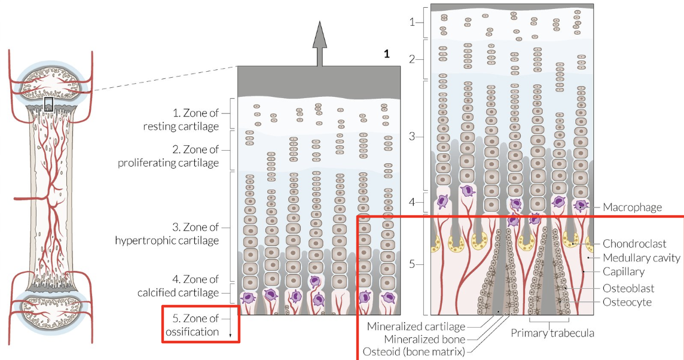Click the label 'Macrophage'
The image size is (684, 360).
[x=632, y=208]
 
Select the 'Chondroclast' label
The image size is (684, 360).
[x=634, y=244]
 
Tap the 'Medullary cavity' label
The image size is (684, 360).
[x=642, y=258]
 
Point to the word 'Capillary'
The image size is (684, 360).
[x=624, y=272]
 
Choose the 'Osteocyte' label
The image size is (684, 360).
[x=627, y=303]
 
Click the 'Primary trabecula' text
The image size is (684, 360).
[x=552, y=333]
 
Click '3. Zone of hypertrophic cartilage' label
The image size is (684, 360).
[x=167, y=234]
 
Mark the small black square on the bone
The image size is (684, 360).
[x=48, y=104]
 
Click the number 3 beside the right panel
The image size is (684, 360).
[x=411, y=136]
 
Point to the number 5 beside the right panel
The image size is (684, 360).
[x=411, y=264]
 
